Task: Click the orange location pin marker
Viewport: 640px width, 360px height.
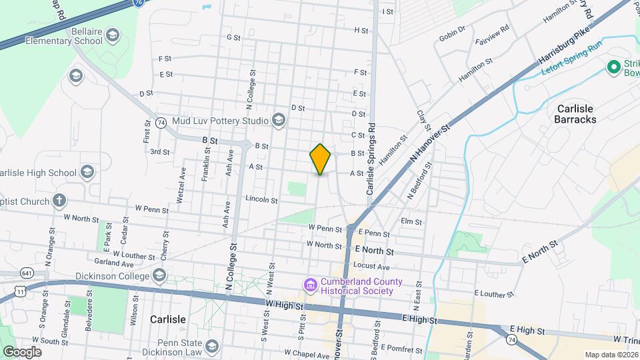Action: point(321,159)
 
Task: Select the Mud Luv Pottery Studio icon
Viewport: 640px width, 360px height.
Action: point(278,121)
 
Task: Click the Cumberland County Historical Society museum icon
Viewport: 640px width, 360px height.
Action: point(310,285)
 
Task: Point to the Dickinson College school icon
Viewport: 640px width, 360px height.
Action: point(159,275)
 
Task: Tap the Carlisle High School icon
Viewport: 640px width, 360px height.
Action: point(86,173)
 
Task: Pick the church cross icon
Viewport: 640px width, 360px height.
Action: point(59,201)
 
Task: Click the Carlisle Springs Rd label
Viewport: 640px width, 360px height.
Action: point(372,159)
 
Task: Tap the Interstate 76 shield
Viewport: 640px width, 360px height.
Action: point(137,3)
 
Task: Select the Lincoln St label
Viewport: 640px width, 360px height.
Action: point(261,199)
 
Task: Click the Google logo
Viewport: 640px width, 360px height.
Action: point(22,351)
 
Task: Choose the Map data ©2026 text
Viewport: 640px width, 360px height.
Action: point(611,355)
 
